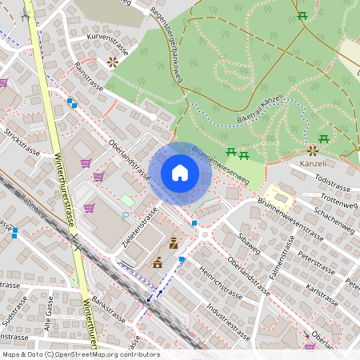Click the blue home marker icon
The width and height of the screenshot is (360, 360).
coord(180,173)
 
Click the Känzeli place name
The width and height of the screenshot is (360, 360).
coord(313,163)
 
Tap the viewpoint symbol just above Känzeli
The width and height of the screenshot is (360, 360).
coord(313,150)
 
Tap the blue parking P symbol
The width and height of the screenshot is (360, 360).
coord(125,216)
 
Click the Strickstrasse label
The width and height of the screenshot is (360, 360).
coord(22,142)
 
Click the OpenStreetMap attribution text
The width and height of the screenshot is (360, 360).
coord(80,354)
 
